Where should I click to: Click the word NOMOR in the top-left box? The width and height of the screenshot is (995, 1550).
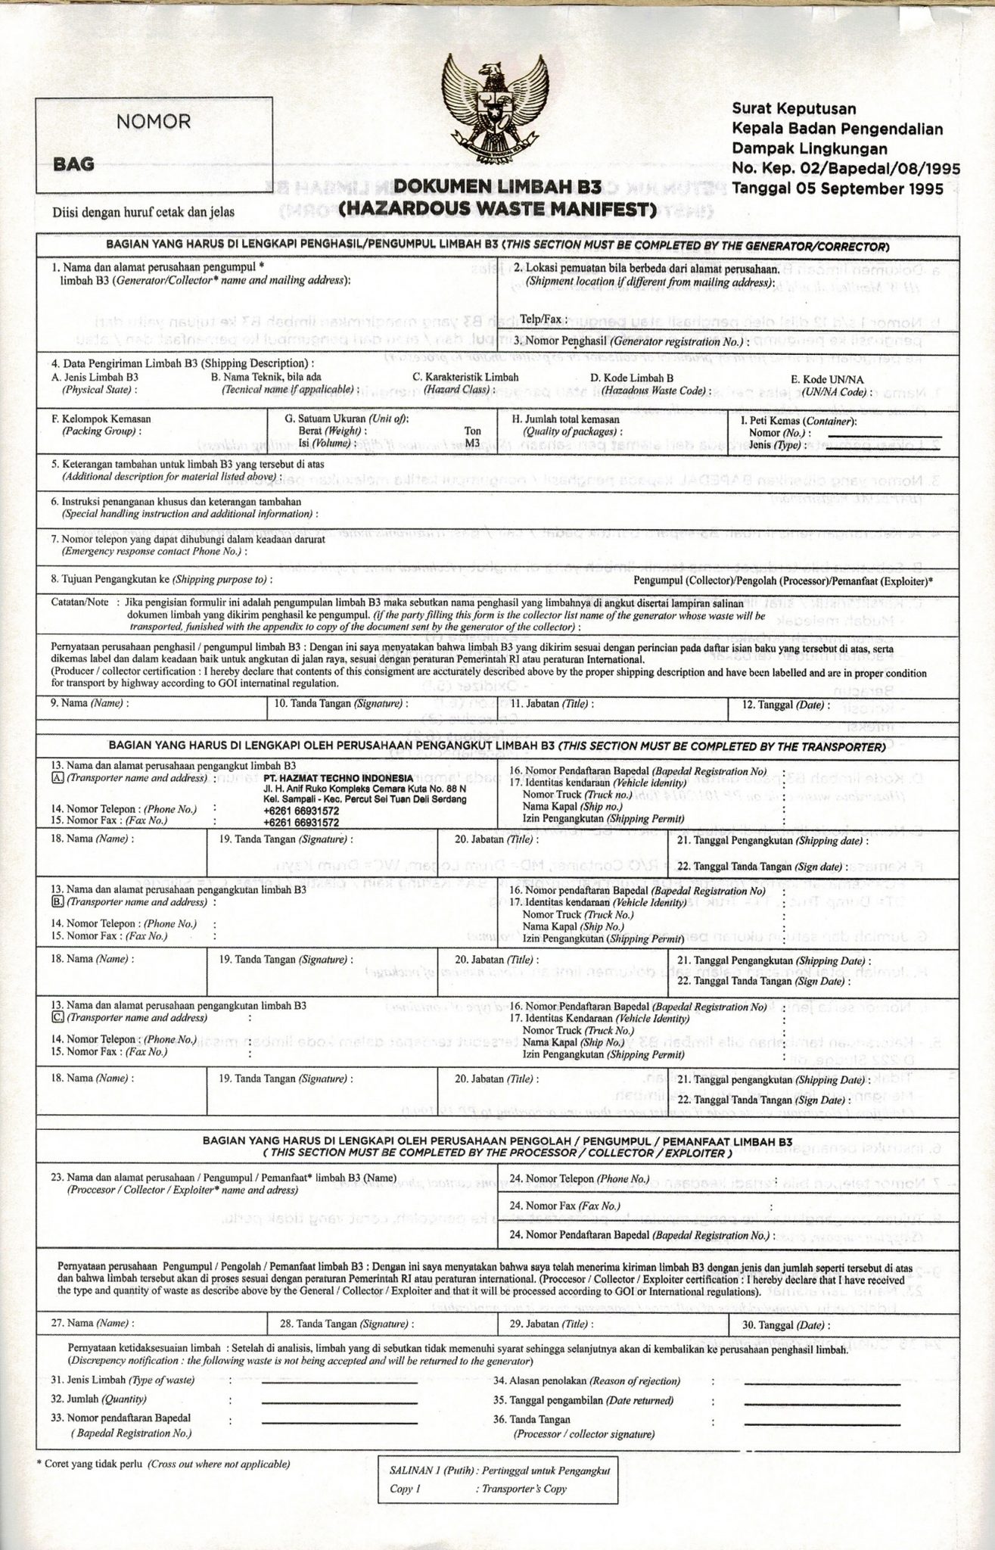(153, 121)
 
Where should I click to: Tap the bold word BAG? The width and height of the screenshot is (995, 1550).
(73, 163)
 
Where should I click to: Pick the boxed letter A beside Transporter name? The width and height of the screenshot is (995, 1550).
(57, 778)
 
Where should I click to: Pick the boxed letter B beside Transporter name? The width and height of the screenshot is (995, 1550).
(57, 902)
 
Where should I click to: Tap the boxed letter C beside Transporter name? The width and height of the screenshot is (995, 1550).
(57, 1018)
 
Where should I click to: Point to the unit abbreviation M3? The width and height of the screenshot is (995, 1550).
(471, 442)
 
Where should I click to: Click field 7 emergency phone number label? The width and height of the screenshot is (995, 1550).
(188, 540)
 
